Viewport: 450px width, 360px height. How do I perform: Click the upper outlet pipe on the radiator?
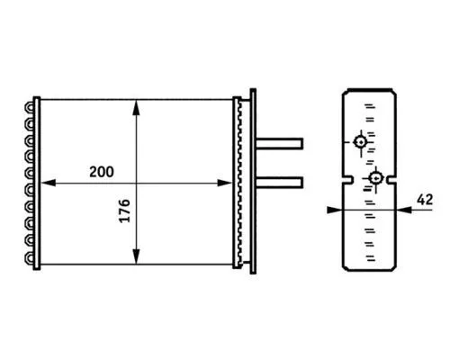[x=281, y=142]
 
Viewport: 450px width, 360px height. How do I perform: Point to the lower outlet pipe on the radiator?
[x=281, y=181]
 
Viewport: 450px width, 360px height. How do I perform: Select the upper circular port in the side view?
[x=360, y=141]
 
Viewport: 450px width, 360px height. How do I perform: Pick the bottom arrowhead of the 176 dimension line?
[x=135, y=262]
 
